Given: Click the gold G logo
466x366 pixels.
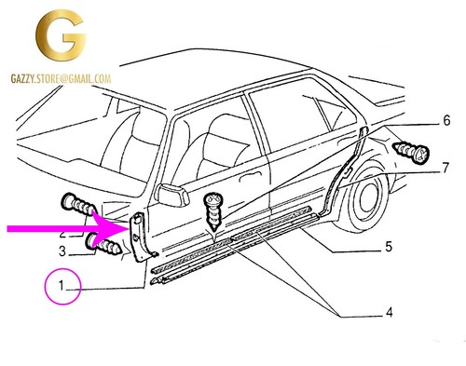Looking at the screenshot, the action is tap(61, 35).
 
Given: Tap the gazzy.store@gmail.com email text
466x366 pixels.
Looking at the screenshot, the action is tap(61, 79).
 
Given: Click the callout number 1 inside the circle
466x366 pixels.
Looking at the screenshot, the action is tap(62, 286).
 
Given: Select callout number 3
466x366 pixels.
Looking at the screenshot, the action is tap(62, 251).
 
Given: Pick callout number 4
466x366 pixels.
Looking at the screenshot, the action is tap(390, 312).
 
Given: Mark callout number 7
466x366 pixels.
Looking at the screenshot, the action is tap(445, 168).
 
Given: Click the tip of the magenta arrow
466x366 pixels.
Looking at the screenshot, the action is tap(129, 229).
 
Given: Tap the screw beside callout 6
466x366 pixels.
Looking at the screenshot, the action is tap(411, 152).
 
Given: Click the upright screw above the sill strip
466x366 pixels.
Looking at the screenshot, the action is tap(212, 210).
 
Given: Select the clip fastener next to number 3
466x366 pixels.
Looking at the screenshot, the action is tap(103, 244).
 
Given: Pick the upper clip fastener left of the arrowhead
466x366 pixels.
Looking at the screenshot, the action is tap(78, 205).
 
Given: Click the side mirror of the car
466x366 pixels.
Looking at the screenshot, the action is tap(171, 195).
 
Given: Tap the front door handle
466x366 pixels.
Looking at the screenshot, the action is tap(248, 178).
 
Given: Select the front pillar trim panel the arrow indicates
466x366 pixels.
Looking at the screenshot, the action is tap(142, 236).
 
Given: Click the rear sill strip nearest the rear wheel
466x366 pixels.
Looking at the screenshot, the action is tap(274, 223).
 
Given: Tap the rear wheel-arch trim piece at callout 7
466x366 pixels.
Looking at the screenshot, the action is tap(343, 174).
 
